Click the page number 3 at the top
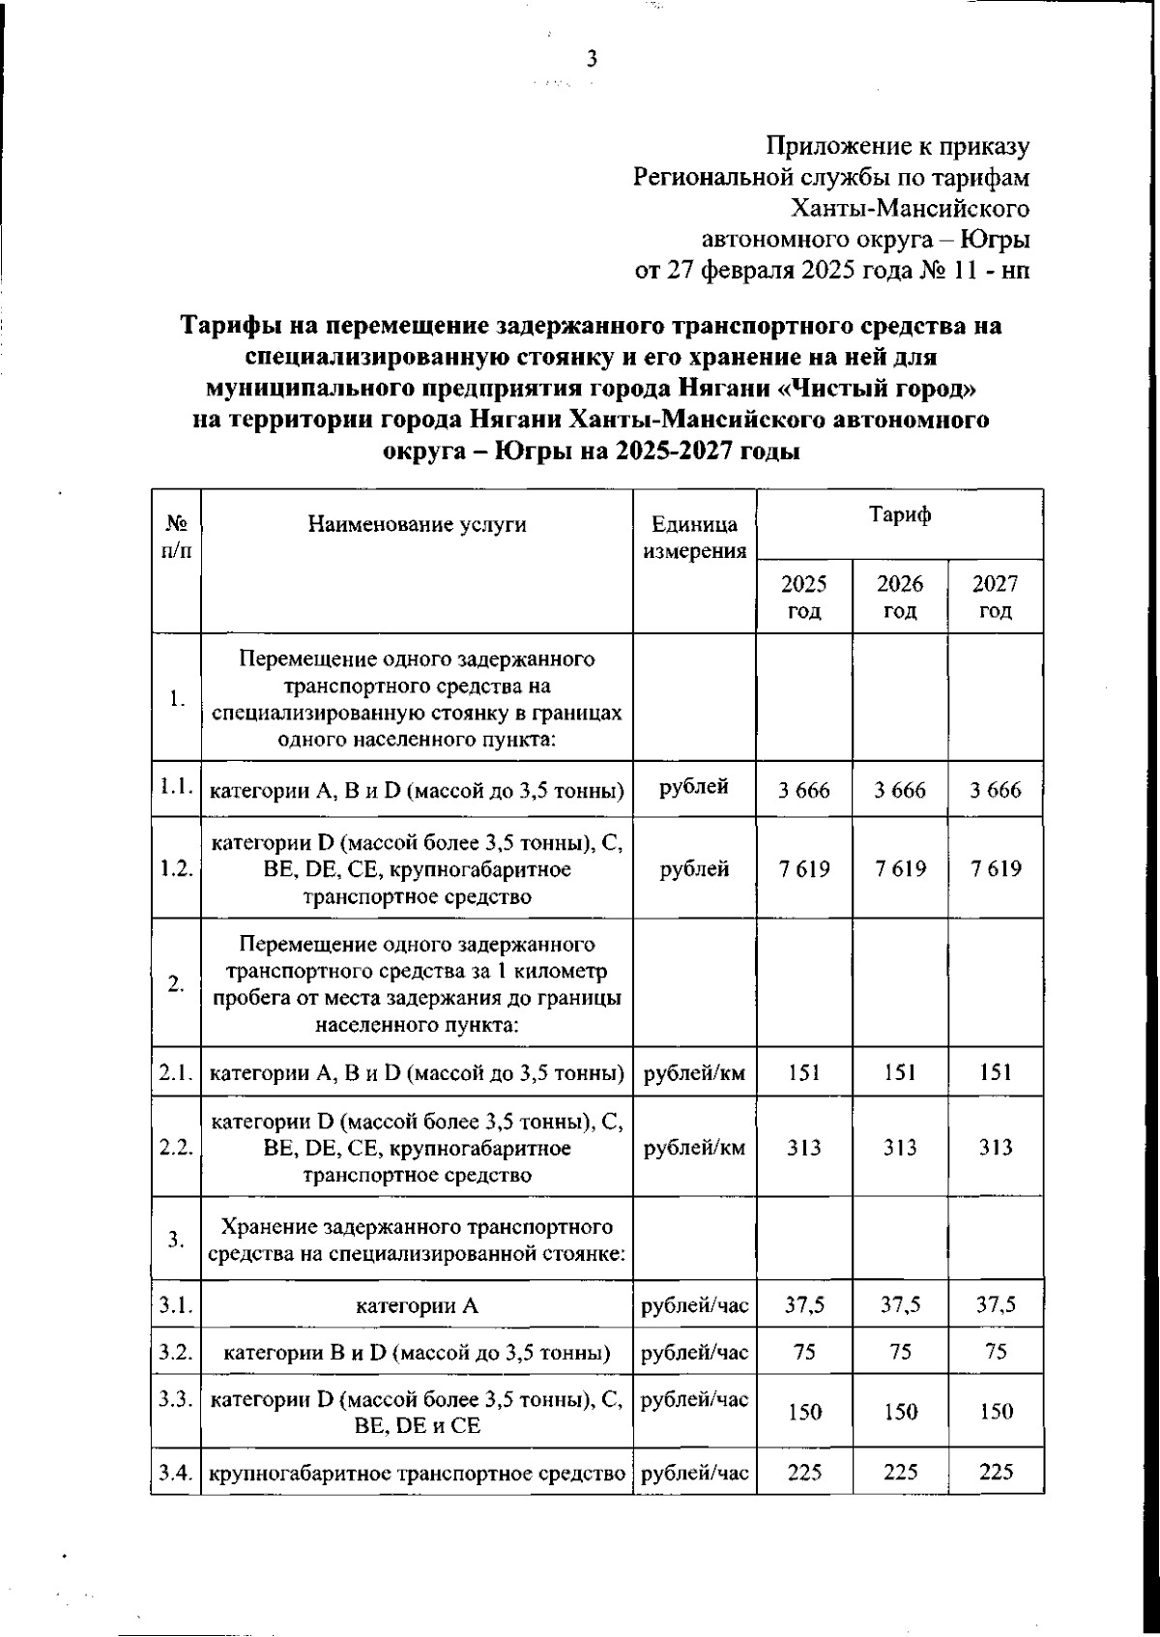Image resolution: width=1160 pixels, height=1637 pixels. coord(592,60)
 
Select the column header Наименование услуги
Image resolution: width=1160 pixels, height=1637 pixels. coord(417,524)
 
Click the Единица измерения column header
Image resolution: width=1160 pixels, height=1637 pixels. coord(694,538)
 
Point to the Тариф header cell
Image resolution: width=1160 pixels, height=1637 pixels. coord(899,514)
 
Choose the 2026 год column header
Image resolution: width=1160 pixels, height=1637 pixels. coord(899,597)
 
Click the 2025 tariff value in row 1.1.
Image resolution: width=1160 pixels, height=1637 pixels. coord(804,790)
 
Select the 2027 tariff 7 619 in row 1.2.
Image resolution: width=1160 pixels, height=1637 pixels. coord(995,868)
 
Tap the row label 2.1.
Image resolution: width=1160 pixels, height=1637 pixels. coord(176,1071)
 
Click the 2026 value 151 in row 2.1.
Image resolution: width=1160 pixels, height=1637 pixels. coord(899,1071)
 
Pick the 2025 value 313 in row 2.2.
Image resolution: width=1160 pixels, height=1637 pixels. coord(804,1147)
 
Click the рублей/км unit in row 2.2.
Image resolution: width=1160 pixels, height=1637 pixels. coord(694,1148)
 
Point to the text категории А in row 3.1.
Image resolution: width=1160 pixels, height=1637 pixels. coord(417,1306)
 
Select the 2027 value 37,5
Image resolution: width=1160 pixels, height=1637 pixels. coord(995,1305)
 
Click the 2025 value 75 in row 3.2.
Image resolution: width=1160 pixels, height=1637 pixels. coord(804,1352)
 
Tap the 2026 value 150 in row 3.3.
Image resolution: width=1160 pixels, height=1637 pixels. coord(899,1412)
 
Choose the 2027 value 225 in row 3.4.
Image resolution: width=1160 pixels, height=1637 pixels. coord(995,1472)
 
